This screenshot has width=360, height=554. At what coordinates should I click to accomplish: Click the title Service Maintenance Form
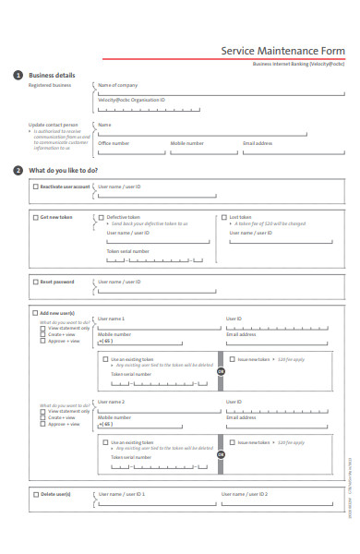click(x=282, y=52)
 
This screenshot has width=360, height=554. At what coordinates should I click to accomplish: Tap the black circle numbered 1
click(x=18, y=75)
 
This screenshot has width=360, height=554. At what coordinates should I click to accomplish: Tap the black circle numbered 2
click(x=18, y=171)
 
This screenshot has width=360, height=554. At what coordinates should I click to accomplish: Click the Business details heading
click(x=52, y=75)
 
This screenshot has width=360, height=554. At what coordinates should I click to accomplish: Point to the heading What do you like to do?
click(x=63, y=171)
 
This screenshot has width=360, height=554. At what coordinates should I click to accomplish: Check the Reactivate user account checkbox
click(x=35, y=187)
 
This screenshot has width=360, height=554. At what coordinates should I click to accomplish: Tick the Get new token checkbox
click(x=35, y=218)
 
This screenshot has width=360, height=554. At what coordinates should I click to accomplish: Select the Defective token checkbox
click(x=101, y=218)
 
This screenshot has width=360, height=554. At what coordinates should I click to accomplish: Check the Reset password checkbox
click(x=35, y=282)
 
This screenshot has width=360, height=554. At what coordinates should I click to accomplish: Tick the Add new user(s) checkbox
click(x=35, y=313)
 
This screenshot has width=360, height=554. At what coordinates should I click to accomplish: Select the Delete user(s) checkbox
click(x=35, y=494)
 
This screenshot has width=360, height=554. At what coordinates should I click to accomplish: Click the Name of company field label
click(x=117, y=85)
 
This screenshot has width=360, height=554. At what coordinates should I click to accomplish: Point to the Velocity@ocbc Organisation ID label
click(x=131, y=99)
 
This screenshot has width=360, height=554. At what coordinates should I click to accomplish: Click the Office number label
click(x=114, y=143)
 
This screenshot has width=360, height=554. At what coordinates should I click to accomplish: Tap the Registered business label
click(x=50, y=85)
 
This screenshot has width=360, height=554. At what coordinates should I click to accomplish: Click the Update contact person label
click(x=54, y=125)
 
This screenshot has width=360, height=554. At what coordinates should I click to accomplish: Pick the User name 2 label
click(x=111, y=402)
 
